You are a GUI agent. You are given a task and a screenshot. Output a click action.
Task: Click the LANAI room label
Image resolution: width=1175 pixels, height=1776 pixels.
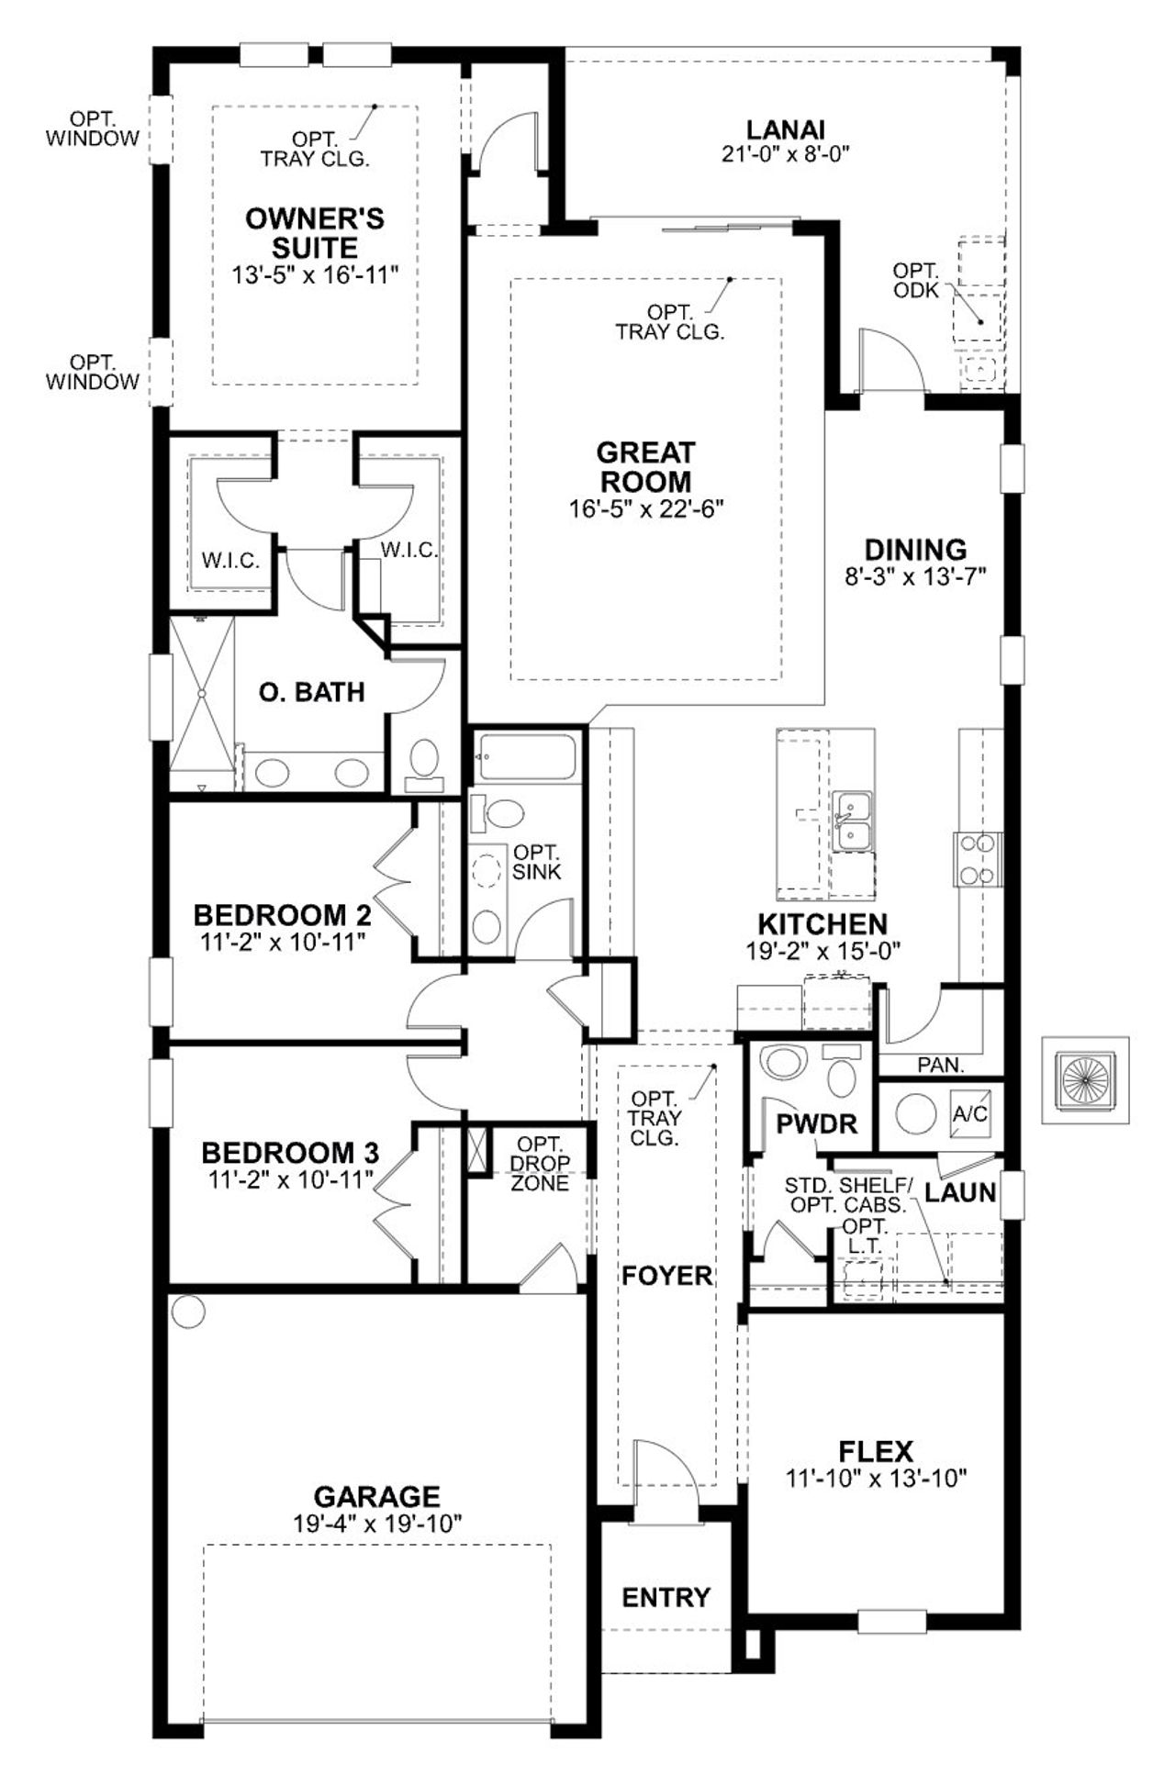[785, 130]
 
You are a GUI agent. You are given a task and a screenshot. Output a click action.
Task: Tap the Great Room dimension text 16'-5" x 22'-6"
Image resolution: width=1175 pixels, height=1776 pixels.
[646, 508]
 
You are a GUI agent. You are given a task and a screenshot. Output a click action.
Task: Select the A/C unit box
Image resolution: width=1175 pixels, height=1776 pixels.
[969, 1113]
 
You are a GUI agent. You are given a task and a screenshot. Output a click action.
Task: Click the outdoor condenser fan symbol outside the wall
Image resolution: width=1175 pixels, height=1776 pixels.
[1085, 1080]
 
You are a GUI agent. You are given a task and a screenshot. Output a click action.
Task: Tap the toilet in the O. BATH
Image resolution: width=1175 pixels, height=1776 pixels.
[424, 764]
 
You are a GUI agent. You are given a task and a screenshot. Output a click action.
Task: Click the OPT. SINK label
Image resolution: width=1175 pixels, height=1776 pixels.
[536, 862]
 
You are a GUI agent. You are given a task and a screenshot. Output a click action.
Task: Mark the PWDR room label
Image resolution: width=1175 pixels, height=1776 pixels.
[816, 1123]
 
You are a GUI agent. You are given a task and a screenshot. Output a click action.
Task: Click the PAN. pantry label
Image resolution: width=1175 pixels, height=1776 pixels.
[940, 1065]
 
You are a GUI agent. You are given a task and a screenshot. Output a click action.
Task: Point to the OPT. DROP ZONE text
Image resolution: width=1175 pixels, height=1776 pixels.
[540, 1164]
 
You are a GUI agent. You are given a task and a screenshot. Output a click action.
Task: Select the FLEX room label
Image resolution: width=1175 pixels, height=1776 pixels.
[876, 1452]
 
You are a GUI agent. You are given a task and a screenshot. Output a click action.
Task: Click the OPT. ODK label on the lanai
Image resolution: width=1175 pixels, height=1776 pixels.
[915, 281]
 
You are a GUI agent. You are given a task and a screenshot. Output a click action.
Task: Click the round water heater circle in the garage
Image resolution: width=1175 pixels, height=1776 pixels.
[188, 1311]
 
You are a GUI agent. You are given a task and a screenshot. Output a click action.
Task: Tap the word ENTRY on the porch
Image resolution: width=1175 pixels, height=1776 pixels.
[666, 1598]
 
